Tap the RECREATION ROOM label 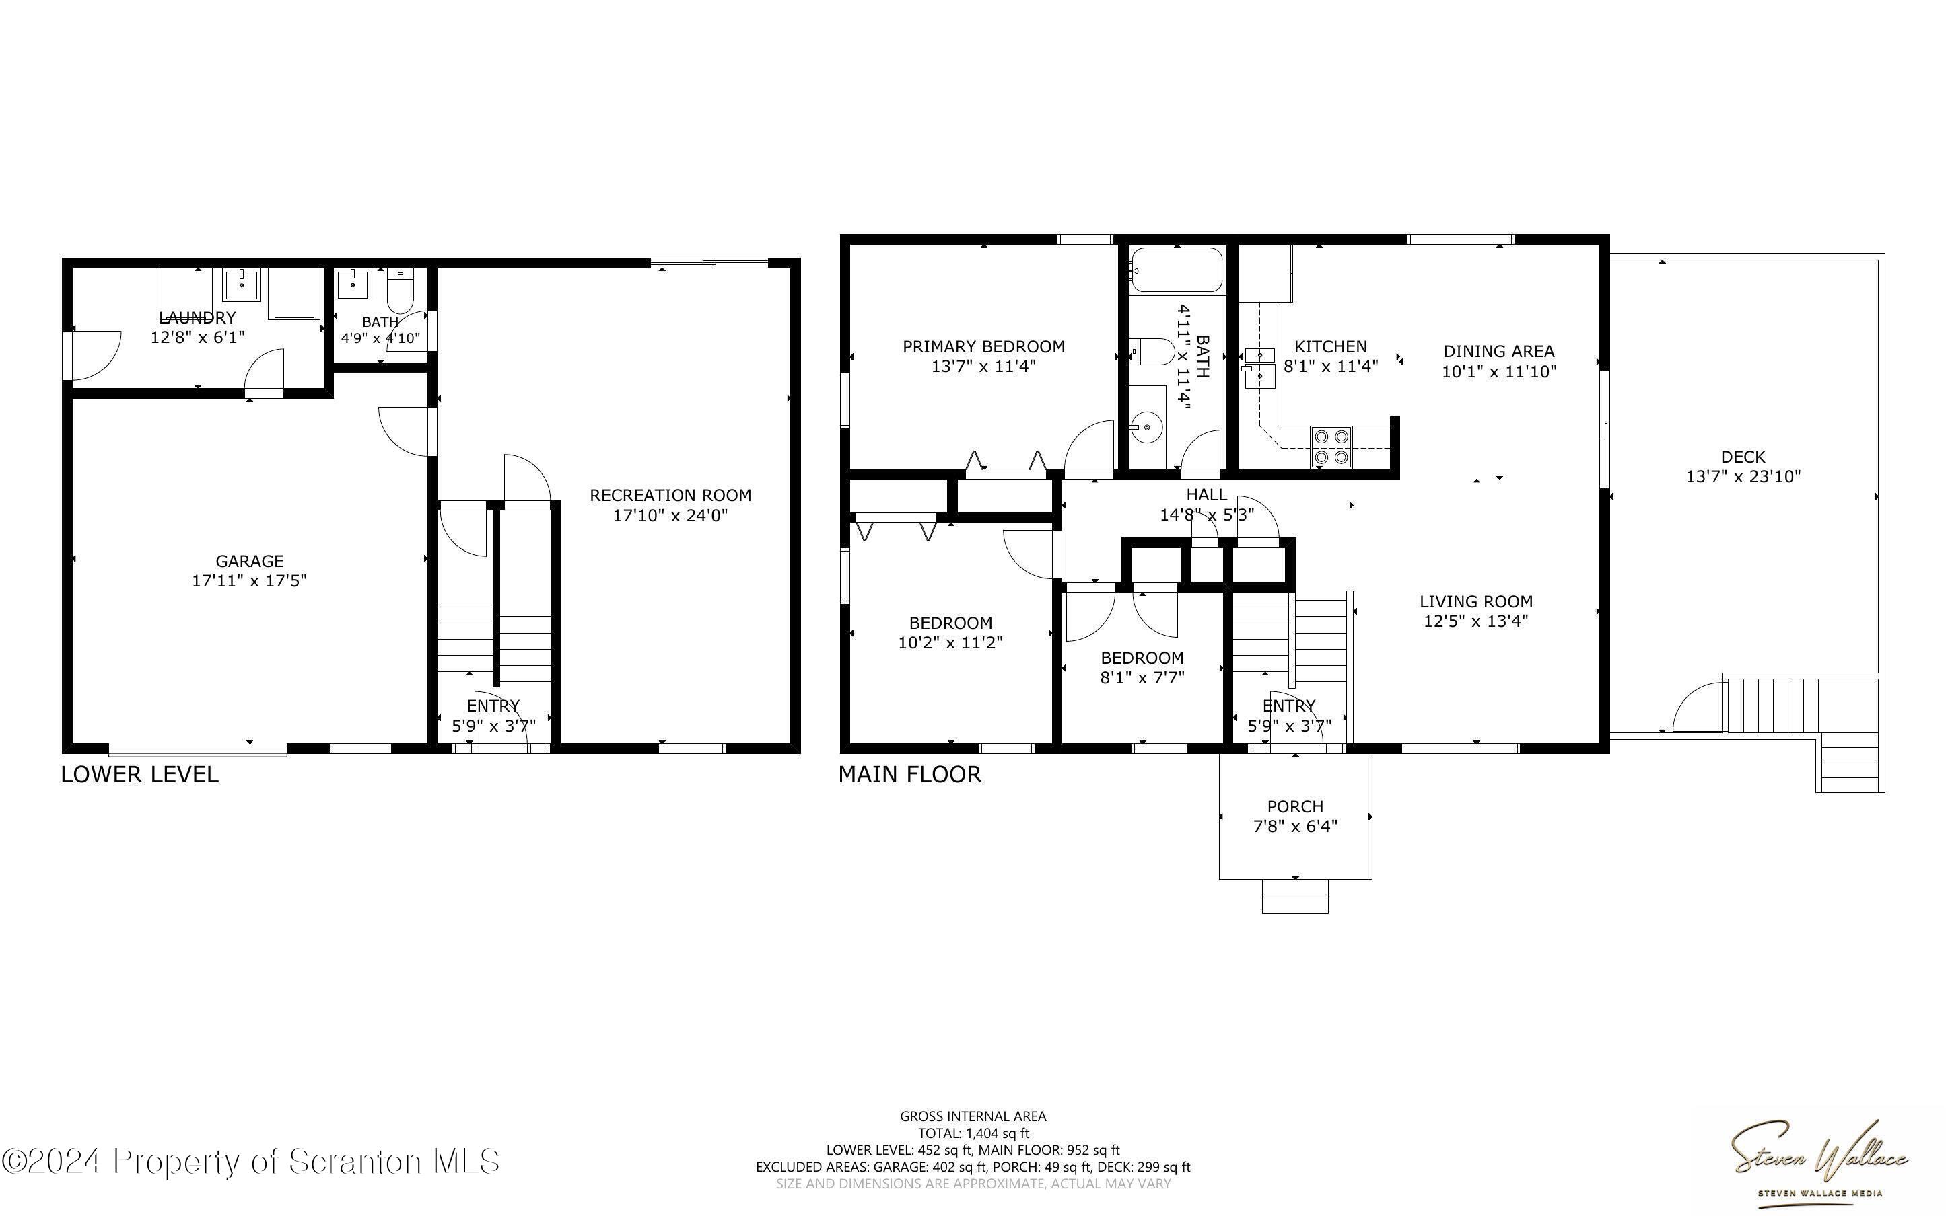click(x=670, y=496)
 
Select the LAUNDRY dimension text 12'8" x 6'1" click(x=198, y=337)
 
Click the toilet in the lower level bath click(x=400, y=291)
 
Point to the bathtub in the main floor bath click(x=1177, y=270)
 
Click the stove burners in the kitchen click(x=1330, y=447)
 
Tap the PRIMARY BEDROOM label click(x=983, y=346)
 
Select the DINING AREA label click(x=1498, y=352)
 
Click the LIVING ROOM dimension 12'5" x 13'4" click(x=1475, y=621)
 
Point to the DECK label click(x=1743, y=457)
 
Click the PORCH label click(x=1294, y=806)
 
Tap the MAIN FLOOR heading click(x=910, y=775)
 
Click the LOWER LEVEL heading click(x=140, y=775)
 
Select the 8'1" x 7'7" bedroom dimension click(x=1142, y=677)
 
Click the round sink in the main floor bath click(x=1146, y=427)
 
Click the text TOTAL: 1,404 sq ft click(x=973, y=1133)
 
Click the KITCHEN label click(x=1330, y=346)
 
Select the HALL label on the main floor click(x=1206, y=494)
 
